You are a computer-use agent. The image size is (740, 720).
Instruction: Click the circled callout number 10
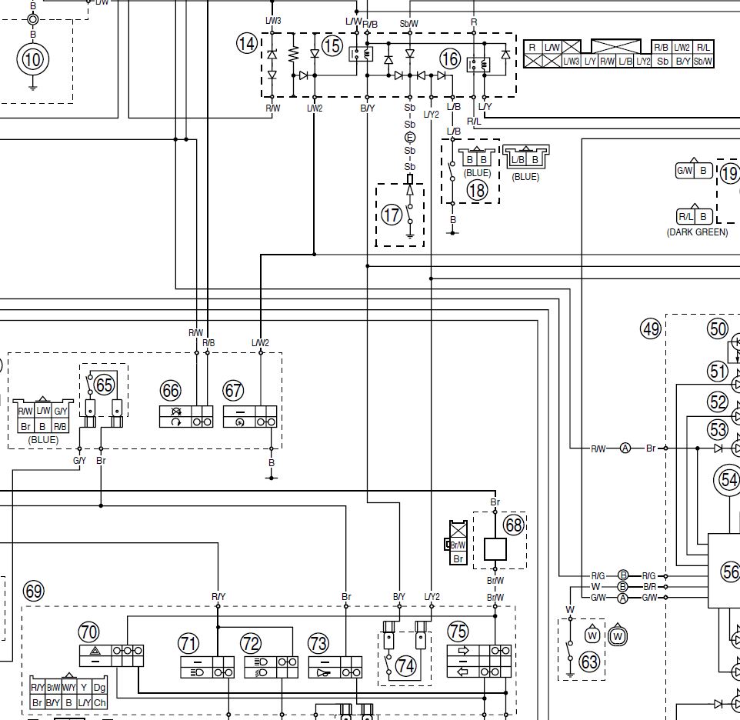coord(32,59)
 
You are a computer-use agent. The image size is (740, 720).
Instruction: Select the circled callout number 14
coord(246,45)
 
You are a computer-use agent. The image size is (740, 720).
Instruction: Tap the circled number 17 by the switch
coord(392,215)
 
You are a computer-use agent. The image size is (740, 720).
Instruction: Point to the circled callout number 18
coord(477,190)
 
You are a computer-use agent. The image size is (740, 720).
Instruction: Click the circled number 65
coord(104,384)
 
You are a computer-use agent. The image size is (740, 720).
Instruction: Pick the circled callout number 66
coord(171,390)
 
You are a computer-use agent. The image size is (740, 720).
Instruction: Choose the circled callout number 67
coord(232,390)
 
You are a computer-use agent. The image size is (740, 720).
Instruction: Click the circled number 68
coord(513,525)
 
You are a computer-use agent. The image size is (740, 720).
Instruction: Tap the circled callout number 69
coord(34,592)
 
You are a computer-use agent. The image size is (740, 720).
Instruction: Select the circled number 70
coord(88,632)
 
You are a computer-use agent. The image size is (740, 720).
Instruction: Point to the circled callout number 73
coord(318,642)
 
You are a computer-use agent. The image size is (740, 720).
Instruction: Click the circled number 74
coord(405,666)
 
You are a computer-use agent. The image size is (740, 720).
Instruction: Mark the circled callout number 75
coord(458,632)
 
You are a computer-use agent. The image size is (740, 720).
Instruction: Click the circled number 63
coord(589,662)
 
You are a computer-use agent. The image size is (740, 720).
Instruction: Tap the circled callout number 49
coord(651,329)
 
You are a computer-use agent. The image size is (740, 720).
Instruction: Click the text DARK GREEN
coord(697,232)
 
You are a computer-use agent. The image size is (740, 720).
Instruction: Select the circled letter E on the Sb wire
coord(409,138)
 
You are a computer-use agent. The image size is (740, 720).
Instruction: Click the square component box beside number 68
coord(494,548)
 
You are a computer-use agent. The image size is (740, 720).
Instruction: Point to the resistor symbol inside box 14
coord(293,55)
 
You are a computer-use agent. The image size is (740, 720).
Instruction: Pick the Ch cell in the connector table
coord(99,703)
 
